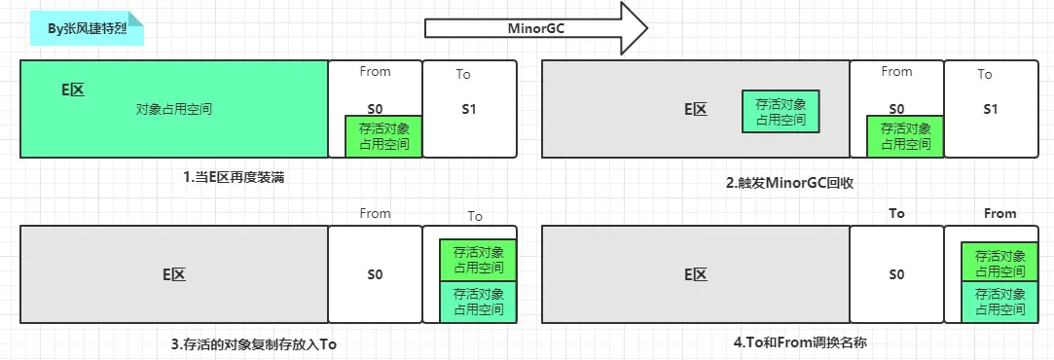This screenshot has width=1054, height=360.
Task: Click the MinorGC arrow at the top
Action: pyautogui.click(x=535, y=28)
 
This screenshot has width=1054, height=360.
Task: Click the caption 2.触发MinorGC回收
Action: pyautogui.click(x=789, y=182)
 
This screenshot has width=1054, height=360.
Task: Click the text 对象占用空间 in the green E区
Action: pyautogui.click(x=174, y=110)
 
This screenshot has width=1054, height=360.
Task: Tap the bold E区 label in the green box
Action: pyautogui.click(x=73, y=90)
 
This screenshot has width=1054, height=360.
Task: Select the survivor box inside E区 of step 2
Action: pyautogui.click(x=781, y=111)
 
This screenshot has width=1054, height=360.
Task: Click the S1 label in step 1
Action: pyautogui.click(x=469, y=109)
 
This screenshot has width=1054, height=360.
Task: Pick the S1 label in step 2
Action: pyautogui.click(x=991, y=109)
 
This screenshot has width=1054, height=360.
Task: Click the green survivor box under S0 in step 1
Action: pyautogui.click(x=383, y=136)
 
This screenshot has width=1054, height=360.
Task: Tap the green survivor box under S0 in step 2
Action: pyautogui.click(x=905, y=136)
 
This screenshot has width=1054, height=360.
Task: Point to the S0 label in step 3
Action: pyautogui.click(x=375, y=274)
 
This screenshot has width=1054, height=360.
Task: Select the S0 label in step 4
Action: pyautogui.click(x=896, y=274)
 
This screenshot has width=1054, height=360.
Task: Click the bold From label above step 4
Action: pyautogui.click(x=999, y=213)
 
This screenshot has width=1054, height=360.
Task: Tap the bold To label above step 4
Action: pyautogui.click(x=896, y=213)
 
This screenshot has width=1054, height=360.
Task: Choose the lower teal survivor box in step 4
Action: pyautogui.click(x=999, y=302)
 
